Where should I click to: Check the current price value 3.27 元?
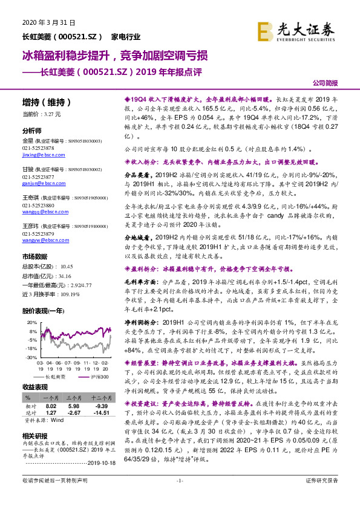point(52,113)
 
